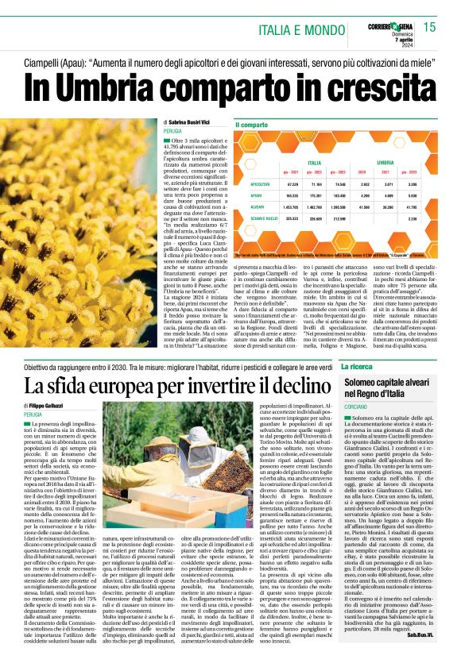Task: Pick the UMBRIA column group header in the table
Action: point(408,161)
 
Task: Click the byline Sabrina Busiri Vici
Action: point(188,122)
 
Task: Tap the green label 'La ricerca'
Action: point(358,367)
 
